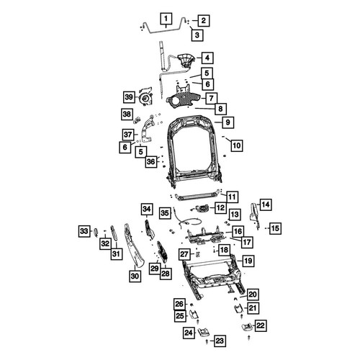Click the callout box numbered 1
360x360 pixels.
[x=166, y=19]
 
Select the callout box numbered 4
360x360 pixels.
[x=207, y=58]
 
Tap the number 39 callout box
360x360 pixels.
[x=129, y=97]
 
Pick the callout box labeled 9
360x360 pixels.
[x=228, y=122]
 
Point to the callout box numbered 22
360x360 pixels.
[x=261, y=325]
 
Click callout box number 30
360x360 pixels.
[x=135, y=276]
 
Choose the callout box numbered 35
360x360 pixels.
[x=165, y=213]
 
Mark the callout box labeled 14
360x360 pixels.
[x=266, y=204]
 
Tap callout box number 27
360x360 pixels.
[x=184, y=254]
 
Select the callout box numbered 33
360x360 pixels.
[x=84, y=231]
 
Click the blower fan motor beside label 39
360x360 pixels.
[x=145, y=97]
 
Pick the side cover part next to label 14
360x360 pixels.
[x=254, y=214]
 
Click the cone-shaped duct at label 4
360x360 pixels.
[x=185, y=60]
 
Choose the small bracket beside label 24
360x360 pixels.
[x=204, y=333]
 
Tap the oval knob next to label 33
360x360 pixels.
[x=96, y=232]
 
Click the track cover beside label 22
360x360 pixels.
[x=247, y=328]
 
